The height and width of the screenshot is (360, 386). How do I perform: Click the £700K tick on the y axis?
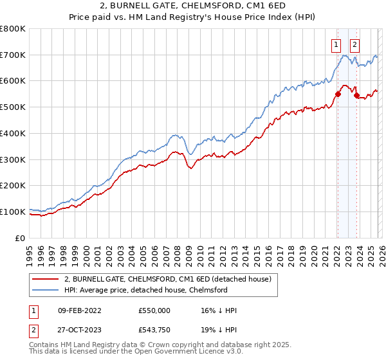[13, 55]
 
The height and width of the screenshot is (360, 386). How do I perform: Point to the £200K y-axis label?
[13, 186]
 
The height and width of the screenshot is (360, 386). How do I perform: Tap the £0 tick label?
[21, 238]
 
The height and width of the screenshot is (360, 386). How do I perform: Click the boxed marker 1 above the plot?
[336, 45]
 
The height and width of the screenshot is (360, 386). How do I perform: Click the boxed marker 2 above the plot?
[354, 45]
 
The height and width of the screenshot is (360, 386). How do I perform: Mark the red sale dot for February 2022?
[338, 94]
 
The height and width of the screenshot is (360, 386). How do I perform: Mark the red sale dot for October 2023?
[357, 96]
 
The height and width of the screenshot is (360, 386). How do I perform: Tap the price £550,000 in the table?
[154, 310]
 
